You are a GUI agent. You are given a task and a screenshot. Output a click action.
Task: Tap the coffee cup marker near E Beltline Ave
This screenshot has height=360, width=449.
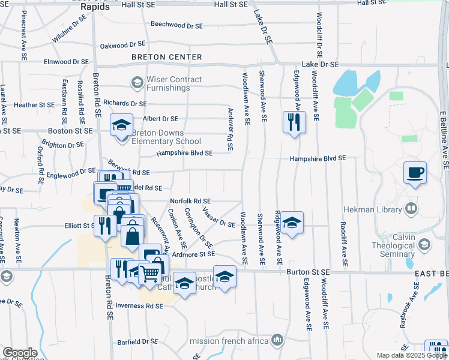pyautogui.click(x=415, y=174)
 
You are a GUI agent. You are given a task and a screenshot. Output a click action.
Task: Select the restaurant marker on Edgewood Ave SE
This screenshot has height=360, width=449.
pyautogui.click(x=294, y=123)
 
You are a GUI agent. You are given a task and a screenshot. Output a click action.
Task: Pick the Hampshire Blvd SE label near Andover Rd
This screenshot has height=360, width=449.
pyautogui.click(x=184, y=153)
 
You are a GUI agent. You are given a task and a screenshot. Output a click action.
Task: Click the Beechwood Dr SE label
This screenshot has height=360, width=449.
pyautogui.click(x=177, y=25)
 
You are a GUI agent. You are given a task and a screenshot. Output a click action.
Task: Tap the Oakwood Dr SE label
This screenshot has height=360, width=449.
pyautogui.click(x=123, y=44)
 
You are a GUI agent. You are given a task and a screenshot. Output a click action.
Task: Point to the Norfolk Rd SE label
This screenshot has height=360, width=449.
pyautogui.click(x=190, y=201)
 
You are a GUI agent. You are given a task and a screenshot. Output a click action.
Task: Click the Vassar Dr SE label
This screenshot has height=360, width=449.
pyautogui.click(x=219, y=220)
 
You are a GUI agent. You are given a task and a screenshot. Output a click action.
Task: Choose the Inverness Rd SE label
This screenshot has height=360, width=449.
pyautogui.click(x=139, y=306)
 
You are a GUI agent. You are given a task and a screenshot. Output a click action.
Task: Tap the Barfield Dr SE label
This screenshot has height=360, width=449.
pyautogui.click(x=137, y=341)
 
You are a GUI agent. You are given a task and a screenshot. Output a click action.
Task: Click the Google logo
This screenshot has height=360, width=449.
pyautogui.click(x=20, y=353)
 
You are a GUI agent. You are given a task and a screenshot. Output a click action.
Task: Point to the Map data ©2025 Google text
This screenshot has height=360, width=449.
pyautogui.click(x=411, y=355)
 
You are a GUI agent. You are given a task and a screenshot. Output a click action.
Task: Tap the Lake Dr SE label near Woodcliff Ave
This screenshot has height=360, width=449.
pyautogui.click(x=321, y=64)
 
